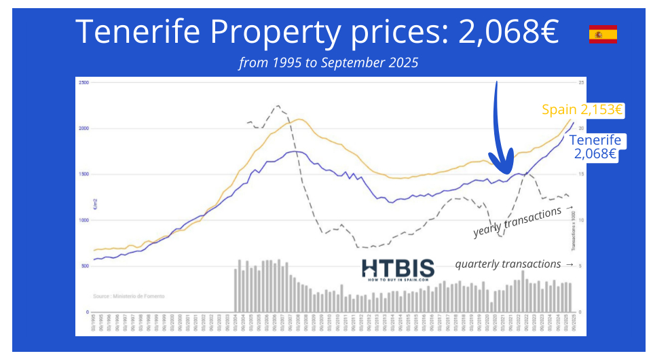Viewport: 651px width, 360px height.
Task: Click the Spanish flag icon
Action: pos(603,34)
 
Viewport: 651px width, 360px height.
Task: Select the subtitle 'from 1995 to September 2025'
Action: pos(329,63)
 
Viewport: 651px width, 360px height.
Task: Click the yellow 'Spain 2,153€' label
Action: pos(582,109)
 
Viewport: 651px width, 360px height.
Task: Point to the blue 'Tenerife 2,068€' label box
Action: pos(595,147)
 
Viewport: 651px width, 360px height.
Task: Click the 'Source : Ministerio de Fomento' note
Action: pos(128,296)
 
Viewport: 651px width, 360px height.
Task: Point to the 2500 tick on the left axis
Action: pos(84,82)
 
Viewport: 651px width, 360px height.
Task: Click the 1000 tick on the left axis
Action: pos(84,220)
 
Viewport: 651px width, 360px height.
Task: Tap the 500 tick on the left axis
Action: pos(85,266)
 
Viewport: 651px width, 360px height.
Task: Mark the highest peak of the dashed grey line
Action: pos(277,106)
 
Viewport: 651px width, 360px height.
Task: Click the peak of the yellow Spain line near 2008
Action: pos(300,120)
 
